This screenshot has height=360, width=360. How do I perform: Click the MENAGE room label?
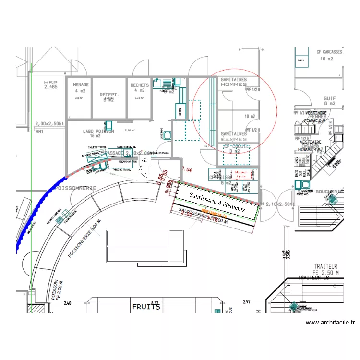[x=81, y=85]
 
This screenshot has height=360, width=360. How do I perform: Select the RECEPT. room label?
[x=109, y=95]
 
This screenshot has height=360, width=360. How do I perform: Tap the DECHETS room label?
[x=140, y=85]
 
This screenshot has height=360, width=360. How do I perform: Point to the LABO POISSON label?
[x=98, y=131]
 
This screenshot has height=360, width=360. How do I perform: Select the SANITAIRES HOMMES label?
[x=233, y=82]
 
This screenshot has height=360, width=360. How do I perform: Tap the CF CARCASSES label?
[x=329, y=52]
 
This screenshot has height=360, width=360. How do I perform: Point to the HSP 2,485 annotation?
[x=50, y=85]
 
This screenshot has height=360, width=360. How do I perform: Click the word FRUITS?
[x=146, y=306]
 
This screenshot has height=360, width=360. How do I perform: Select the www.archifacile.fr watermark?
[x=330, y=323]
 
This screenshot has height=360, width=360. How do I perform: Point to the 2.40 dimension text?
[x=66, y=303]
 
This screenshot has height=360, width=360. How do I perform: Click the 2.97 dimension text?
[x=247, y=302]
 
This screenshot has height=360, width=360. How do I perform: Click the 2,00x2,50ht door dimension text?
[x=49, y=123]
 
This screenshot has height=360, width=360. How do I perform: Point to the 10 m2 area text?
[x=250, y=116]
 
